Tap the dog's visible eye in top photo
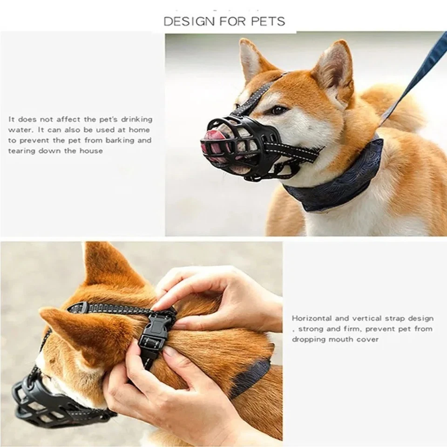click(x=278, y=110)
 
